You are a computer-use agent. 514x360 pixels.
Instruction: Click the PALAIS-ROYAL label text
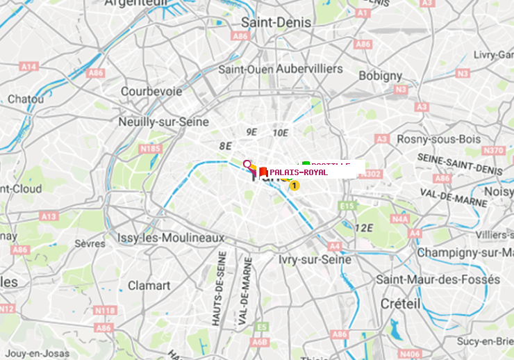pos(299,172)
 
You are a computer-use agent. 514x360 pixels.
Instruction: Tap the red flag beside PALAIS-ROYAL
pos(263,172)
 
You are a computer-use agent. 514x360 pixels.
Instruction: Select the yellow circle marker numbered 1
pos(295,186)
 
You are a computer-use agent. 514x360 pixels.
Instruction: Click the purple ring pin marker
pos(247,165)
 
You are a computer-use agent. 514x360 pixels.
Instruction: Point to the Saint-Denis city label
pos(276,22)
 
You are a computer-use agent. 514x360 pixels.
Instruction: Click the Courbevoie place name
pos(151,91)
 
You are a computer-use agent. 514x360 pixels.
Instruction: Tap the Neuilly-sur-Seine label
pos(164,122)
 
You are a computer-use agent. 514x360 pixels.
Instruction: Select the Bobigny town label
pos(381,75)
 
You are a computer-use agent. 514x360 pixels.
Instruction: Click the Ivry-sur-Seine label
pos(315,259)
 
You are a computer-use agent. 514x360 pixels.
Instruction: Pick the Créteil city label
pos(400,304)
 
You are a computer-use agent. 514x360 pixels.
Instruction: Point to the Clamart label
pos(149,285)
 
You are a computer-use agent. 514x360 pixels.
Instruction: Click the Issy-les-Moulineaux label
pos(170,238)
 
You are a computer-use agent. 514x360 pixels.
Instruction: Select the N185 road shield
pos(151,148)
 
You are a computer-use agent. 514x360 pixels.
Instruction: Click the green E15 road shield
pos(347,206)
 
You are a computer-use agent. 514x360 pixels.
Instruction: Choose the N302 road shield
pos(372,174)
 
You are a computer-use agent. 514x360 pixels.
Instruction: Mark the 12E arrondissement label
pos(363,228)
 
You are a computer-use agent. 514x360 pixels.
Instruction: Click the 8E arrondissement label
pos(225,146)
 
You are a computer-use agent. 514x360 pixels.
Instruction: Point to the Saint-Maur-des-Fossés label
pos(438,279)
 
